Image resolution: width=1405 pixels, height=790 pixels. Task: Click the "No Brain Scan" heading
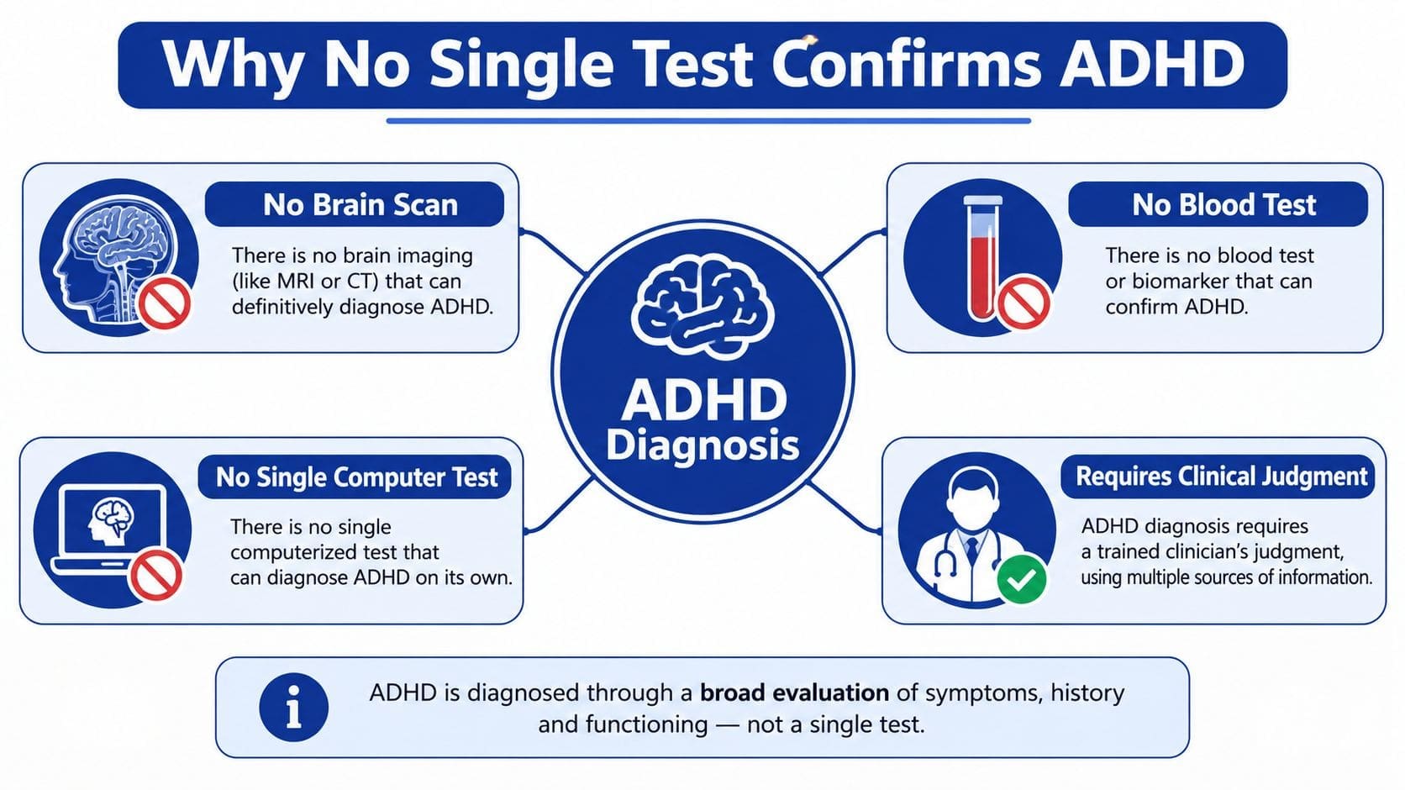[x=360, y=204]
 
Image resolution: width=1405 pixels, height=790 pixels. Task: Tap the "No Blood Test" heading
[x=1223, y=204]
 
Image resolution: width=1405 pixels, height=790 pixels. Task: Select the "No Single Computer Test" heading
[x=356, y=477]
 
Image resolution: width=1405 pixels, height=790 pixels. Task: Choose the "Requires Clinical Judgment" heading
[x=1221, y=477]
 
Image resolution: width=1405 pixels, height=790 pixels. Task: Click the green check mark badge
[x=1021, y=578]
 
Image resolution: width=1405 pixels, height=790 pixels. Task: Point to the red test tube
[x=982, y=257]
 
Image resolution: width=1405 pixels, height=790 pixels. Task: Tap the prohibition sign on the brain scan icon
[x=165, y=303]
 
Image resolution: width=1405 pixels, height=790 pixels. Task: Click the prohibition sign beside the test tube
[x=1023, y=303]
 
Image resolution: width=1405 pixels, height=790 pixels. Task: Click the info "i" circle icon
[x=293, y=707]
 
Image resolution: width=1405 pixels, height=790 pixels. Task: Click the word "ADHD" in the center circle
[x=703, y=399]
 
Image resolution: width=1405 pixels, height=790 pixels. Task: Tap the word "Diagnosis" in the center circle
[x=702, y=445]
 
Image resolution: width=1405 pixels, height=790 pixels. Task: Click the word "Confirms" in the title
[x=906, y=63]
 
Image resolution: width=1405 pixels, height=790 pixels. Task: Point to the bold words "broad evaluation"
[x=794, y=693]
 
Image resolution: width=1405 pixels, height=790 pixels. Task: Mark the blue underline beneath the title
[x=708, y=120]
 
